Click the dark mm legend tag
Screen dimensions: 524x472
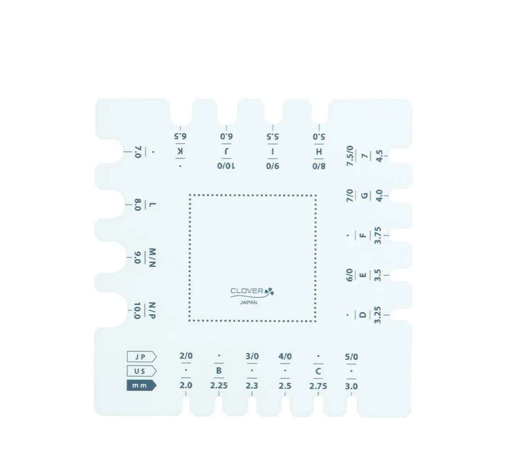tap(141, 385)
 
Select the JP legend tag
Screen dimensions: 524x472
tap(141, 357)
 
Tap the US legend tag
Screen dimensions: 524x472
tap(141, 371)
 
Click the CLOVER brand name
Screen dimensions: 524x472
tap(247, 291)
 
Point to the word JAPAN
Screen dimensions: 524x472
tap(249, 303)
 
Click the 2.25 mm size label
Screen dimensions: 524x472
tap(219, 386)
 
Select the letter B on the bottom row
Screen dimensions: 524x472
tap(219, 371)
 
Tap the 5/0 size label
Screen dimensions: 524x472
tap(351, 357)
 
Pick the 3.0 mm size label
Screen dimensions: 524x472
tap(351, 386)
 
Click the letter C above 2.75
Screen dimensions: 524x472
tap(318, 371)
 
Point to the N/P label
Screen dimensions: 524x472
tap(152, 311)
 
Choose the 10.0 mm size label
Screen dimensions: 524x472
tap(138, 311)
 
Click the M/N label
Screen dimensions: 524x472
tap(152, 258)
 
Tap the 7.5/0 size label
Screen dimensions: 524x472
tap(350, 156)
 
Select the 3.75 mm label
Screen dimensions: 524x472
tap(378, 235)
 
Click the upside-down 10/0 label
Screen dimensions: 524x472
tap(226, 166)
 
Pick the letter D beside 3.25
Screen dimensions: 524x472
tap(363, 314)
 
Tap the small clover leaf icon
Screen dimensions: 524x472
tap(269, 292)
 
